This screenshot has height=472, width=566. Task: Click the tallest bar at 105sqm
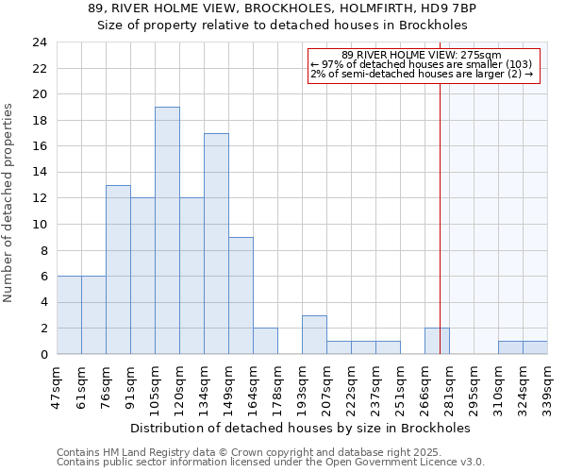167,230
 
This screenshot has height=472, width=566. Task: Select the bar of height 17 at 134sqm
216,244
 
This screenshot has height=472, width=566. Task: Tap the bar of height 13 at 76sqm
118,270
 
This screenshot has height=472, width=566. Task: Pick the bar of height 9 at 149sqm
241,295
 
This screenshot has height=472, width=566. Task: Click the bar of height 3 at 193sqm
314,335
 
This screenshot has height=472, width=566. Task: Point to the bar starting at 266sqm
437,341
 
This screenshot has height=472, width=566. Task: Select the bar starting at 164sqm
265,341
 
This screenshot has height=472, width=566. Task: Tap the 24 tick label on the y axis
39,42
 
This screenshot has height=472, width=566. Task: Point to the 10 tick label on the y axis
39,225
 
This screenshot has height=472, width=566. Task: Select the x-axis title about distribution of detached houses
300,428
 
